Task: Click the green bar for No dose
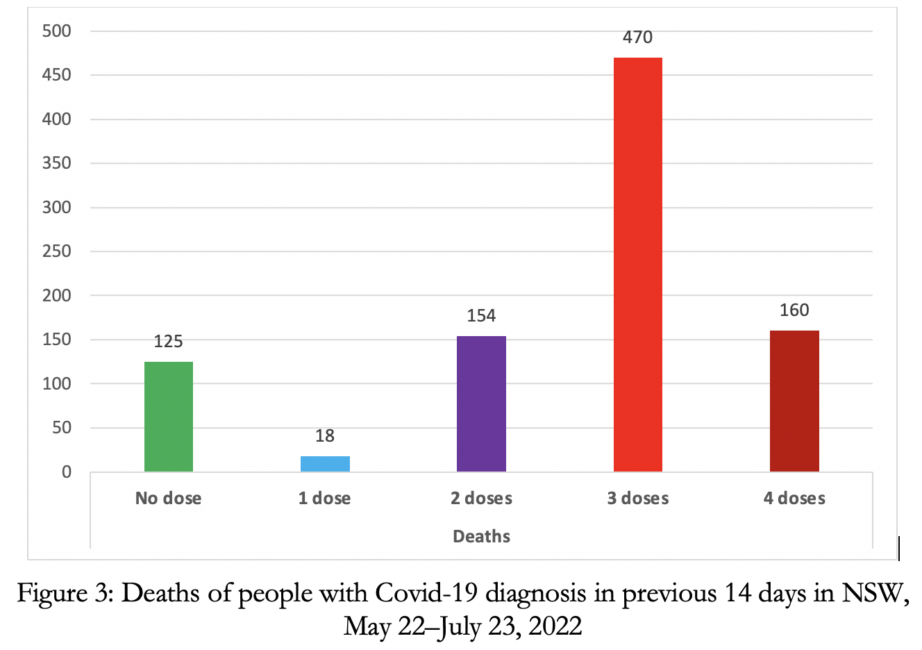[169, 417]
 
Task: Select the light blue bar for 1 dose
[325, 464]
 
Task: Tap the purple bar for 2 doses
[481, 404]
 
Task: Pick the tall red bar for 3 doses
[637, 264]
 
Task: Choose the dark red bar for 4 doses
[794, 401]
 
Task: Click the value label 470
[637, 37]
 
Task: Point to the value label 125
[168, 342]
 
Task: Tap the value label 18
[325, 436]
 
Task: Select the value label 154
[481, 316]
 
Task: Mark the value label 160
[794, 310]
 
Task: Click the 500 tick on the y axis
[57, 31]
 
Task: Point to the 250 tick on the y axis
[57, 251]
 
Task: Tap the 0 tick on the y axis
[67, 472]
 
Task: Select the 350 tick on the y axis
[57, 163]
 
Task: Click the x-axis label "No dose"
[169, 499]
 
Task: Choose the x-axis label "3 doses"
[638, 499]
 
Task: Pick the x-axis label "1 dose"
[325, 499]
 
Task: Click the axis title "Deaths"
[481, 536]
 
